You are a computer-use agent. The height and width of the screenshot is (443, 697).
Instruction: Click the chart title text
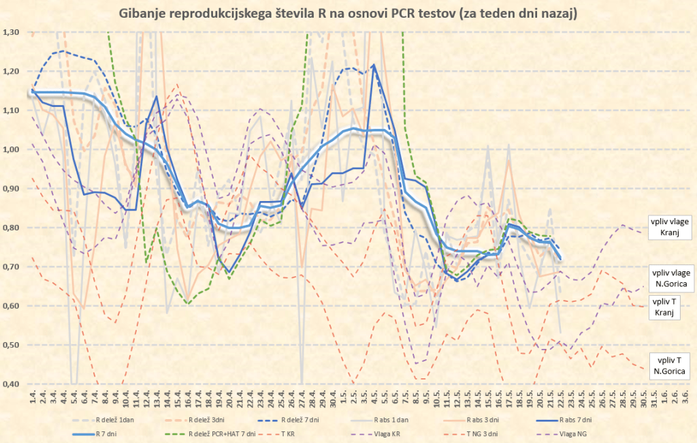[348, 14]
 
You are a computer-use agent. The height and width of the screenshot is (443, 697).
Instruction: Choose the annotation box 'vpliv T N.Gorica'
[669, 366]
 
